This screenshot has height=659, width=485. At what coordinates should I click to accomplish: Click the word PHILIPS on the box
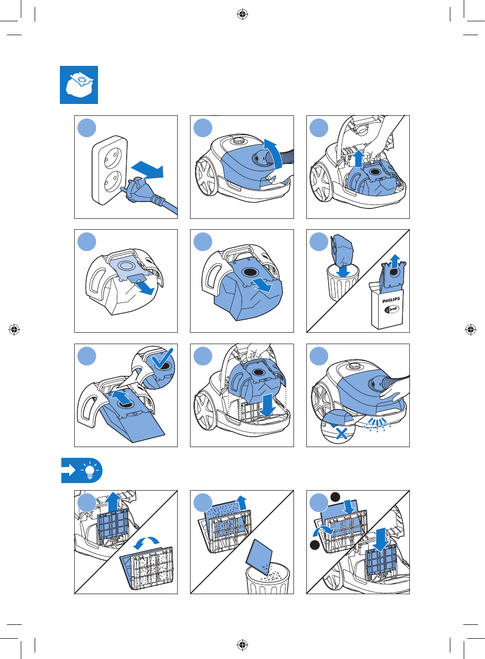coord(391,300)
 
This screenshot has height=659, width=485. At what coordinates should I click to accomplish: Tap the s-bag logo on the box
coord(391,309)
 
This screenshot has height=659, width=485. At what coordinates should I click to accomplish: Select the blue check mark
coord(163,358)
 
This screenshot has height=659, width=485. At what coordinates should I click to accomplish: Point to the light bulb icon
coord(90,470)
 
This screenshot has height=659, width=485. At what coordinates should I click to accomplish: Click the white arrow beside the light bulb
coord(68,470)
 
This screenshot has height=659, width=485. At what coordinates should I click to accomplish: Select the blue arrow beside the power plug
coord(147,170)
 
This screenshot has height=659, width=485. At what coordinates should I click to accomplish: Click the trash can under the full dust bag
coord(342,282)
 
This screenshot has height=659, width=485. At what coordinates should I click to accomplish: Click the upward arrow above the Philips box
coord(395,261)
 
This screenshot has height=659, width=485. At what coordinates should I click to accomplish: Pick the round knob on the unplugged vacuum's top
coord(237,140)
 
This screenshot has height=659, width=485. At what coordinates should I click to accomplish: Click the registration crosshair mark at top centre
coord(242,14)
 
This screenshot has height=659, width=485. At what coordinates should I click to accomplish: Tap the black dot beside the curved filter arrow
coord(315,545)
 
